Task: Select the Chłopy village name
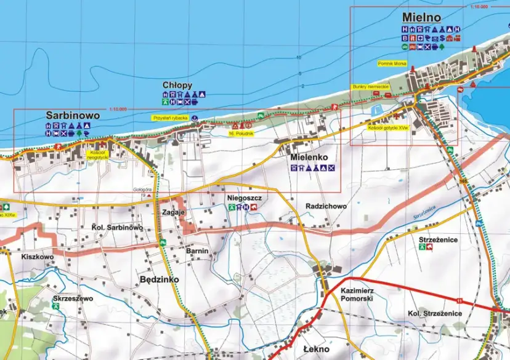pos(177,85)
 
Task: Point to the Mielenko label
pos(312,158)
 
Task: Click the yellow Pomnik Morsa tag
pos(390,63)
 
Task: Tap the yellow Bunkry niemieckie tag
pos(370,87)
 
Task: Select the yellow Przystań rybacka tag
pos(170,117)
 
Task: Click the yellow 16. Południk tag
pos(240,133)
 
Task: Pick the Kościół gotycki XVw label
pos(388,128)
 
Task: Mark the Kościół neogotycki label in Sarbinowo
pos(99,154)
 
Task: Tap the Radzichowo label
pos(326,206)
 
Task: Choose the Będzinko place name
pos(160,279)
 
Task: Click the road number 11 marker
pos(459,300)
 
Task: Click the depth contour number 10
pos(299,57)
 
